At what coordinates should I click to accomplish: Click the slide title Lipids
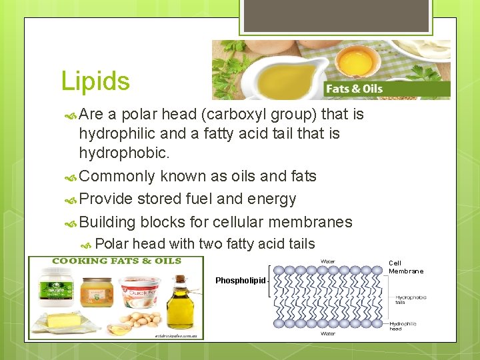click(95, 81)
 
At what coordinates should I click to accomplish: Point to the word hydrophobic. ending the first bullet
click(125, 153)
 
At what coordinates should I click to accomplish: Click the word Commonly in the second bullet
click(117, 176)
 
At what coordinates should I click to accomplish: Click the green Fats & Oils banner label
click(354, 89)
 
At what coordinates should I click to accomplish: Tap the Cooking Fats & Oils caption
click(117, 261)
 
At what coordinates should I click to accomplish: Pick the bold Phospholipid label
click(240, 281)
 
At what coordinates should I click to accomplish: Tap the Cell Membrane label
click(406, 267)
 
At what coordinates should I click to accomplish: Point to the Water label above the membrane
click(328, 261)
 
